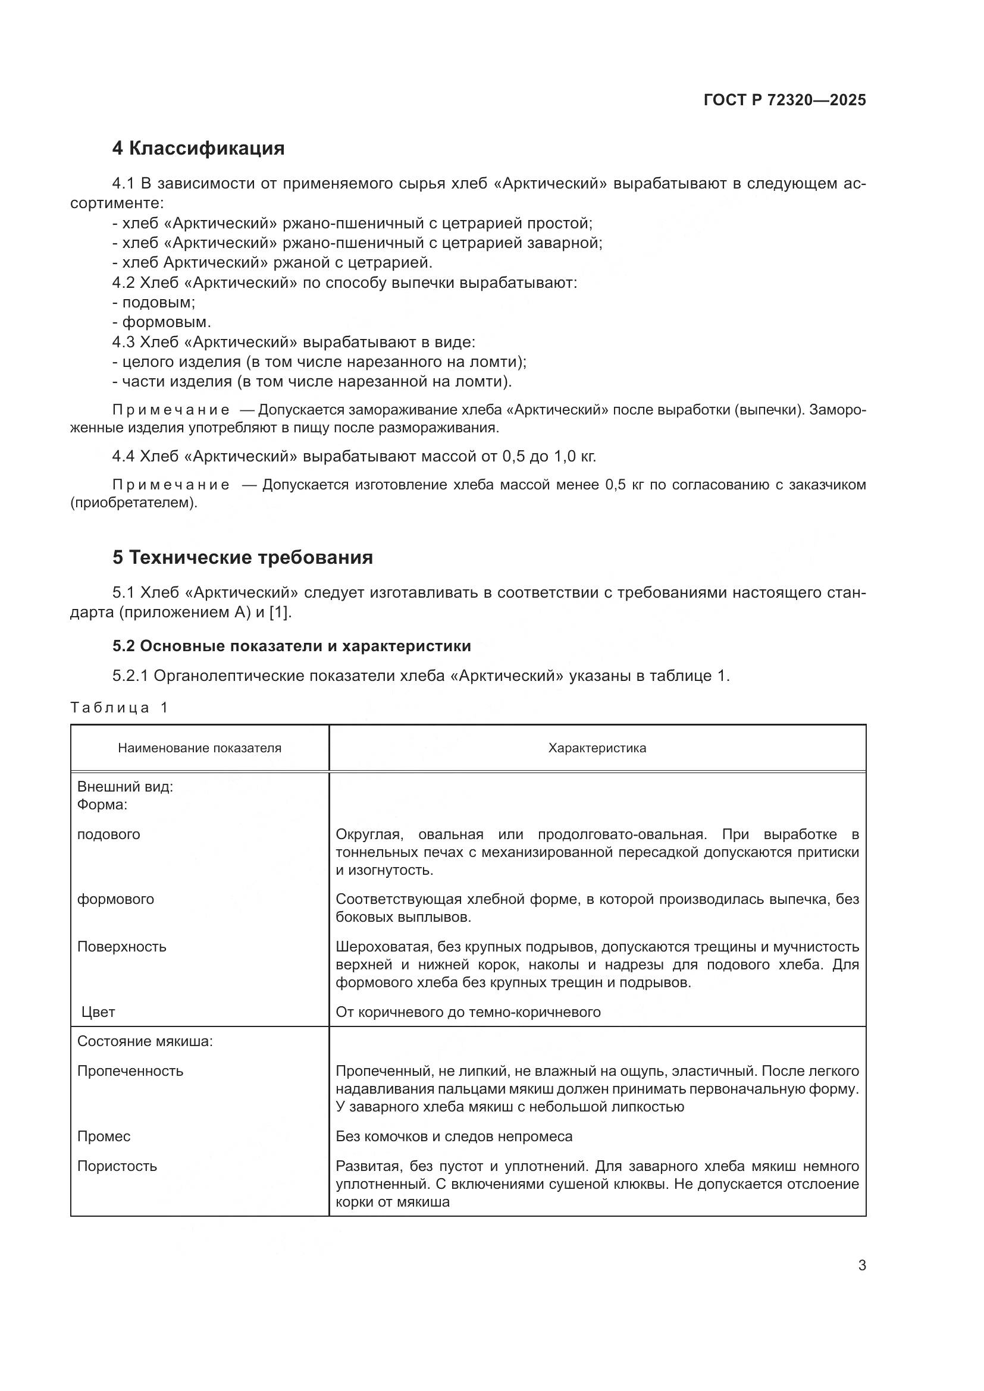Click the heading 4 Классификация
coord(198,148)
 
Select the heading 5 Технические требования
coord(242,557)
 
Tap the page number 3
coord(861,1265)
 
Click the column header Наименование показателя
coord(199,748)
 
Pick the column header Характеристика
coord(597,748)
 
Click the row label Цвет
coord(98,1012)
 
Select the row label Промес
coord(104,1136)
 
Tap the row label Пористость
coord(117,1166)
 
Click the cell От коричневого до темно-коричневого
coord(468,1012)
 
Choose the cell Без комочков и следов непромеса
coord(454,1136)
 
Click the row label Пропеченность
coord(130,1070)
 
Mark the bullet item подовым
coord(158,302)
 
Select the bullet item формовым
coord(166,322)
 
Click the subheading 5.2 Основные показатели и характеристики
coord(292,646)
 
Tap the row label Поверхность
coord(121,946)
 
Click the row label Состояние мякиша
coord(145,1041)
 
